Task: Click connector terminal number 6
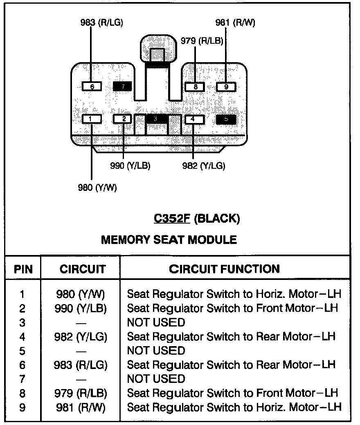[x=92, y=87]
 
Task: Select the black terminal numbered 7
[x=123, y=87]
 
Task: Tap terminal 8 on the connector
[x=195, y=87]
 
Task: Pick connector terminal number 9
[x=226, y=87]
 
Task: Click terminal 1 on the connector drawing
[x=92, y=119]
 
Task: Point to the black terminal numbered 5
[x=226, y=119]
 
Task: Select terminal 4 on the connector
[x=194, y=119]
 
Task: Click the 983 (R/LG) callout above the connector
[x=101, y=22]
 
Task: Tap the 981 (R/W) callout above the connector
[x=235, y=22]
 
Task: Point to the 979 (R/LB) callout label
[x=202, y=41]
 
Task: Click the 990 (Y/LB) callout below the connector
[x=130, y=166]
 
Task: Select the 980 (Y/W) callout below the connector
[x=97, y=187]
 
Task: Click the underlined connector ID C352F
[x=172, y=218]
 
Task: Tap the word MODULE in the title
[x=212, y=239]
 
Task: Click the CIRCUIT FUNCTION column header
[x=224, y=269]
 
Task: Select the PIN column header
[x=23, y=269]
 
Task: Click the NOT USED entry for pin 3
[x=156, y=322]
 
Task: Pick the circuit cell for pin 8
[x=81, y=393]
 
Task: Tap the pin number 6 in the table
[x=22, y=365]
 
